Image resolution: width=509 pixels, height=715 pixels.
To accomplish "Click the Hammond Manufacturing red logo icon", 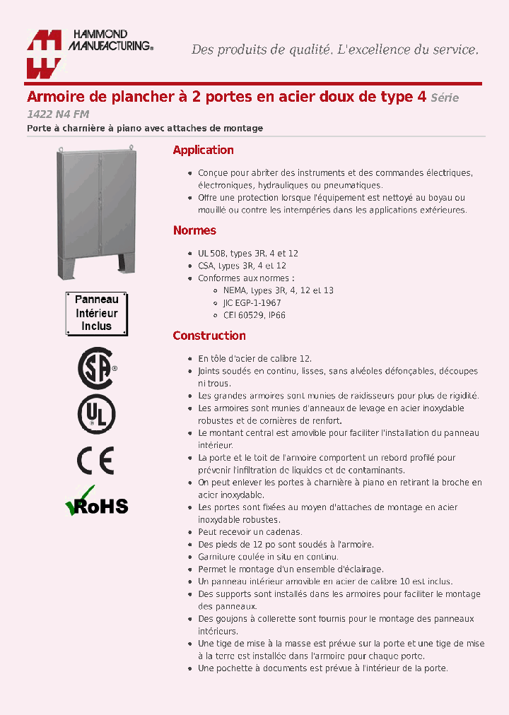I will point(44,54).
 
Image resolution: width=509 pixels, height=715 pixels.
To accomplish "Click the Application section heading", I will point(203,150).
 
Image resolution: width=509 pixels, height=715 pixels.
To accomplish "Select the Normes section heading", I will point(194,230).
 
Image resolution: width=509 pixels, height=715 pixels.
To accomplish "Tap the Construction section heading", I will point(209,336).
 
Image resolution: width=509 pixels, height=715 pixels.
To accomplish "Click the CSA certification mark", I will point(96,368).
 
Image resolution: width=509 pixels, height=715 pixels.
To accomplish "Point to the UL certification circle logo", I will point(96,415).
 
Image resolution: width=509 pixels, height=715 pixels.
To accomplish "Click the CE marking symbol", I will point(95,461).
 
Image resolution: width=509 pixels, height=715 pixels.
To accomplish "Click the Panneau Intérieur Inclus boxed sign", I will point(96,313).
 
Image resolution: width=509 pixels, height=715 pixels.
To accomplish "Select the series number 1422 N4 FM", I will point(58,114).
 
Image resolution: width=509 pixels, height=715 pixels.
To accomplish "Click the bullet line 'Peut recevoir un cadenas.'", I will point(250,531).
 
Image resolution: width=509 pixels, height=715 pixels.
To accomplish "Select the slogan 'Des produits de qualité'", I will point(261,49).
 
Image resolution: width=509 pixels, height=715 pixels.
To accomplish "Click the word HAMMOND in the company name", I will point(98,35).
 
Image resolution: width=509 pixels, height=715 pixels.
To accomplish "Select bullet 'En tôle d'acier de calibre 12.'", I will point(255,358).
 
